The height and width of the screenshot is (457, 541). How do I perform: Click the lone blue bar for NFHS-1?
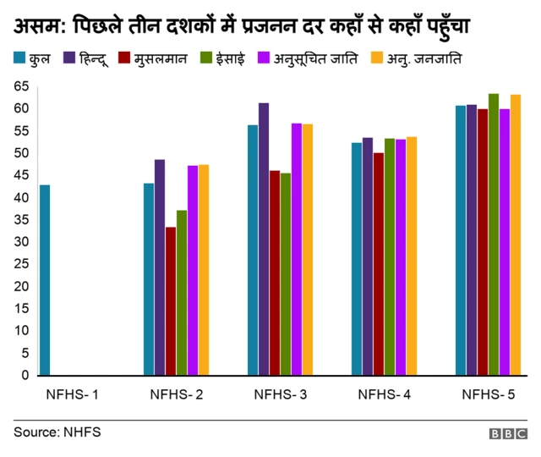(x=45, y=280)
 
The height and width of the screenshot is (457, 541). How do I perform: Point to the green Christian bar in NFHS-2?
(x=182, y=293)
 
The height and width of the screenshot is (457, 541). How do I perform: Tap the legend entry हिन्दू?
(x=94, y=59)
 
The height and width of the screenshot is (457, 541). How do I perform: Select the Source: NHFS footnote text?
(x=57, y=432)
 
